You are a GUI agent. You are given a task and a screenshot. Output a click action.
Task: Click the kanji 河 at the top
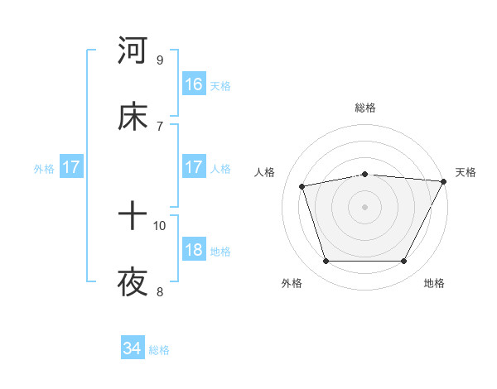point(133,51)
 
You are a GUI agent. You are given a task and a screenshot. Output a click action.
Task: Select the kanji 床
point(133,118)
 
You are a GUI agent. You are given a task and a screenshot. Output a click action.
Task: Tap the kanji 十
point(133,217)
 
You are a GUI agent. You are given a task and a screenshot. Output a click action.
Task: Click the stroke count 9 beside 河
point(160,60)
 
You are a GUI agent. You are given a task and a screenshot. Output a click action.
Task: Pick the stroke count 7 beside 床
point(160,126)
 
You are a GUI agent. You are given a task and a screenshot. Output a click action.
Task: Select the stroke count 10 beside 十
point(160,225)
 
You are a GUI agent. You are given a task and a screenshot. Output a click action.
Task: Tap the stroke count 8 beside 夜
point(160,291)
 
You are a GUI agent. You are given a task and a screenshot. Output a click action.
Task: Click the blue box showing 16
point(194,84)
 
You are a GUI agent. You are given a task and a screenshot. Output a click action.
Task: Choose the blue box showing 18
point(194,251)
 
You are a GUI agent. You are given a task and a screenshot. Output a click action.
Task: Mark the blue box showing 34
point(133,349)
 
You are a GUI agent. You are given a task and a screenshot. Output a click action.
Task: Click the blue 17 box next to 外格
point(71,168)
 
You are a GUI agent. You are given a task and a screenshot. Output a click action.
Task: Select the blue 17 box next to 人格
point(194,168)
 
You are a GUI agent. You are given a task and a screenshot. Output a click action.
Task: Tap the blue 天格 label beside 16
point(220,85)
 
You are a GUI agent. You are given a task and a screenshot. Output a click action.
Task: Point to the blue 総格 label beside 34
point(159,350)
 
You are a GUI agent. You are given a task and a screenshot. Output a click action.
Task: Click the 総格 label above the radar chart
point(365,108)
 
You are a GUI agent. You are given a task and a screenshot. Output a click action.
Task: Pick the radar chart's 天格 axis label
point(466,172)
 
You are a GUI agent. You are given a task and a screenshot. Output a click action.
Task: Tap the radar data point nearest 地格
point(404,262)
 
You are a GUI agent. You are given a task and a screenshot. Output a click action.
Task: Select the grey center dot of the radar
point(365,206)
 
